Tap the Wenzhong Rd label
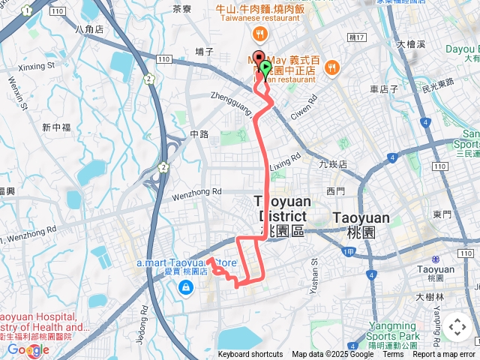pos(197,192)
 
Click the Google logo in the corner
pos(28,349)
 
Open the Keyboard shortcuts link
pos(250,355)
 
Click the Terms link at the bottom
pos(393,355)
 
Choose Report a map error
pos(445,355)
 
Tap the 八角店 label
pos(89,28)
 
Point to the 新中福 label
pos(55,127)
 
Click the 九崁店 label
pos(333,163)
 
